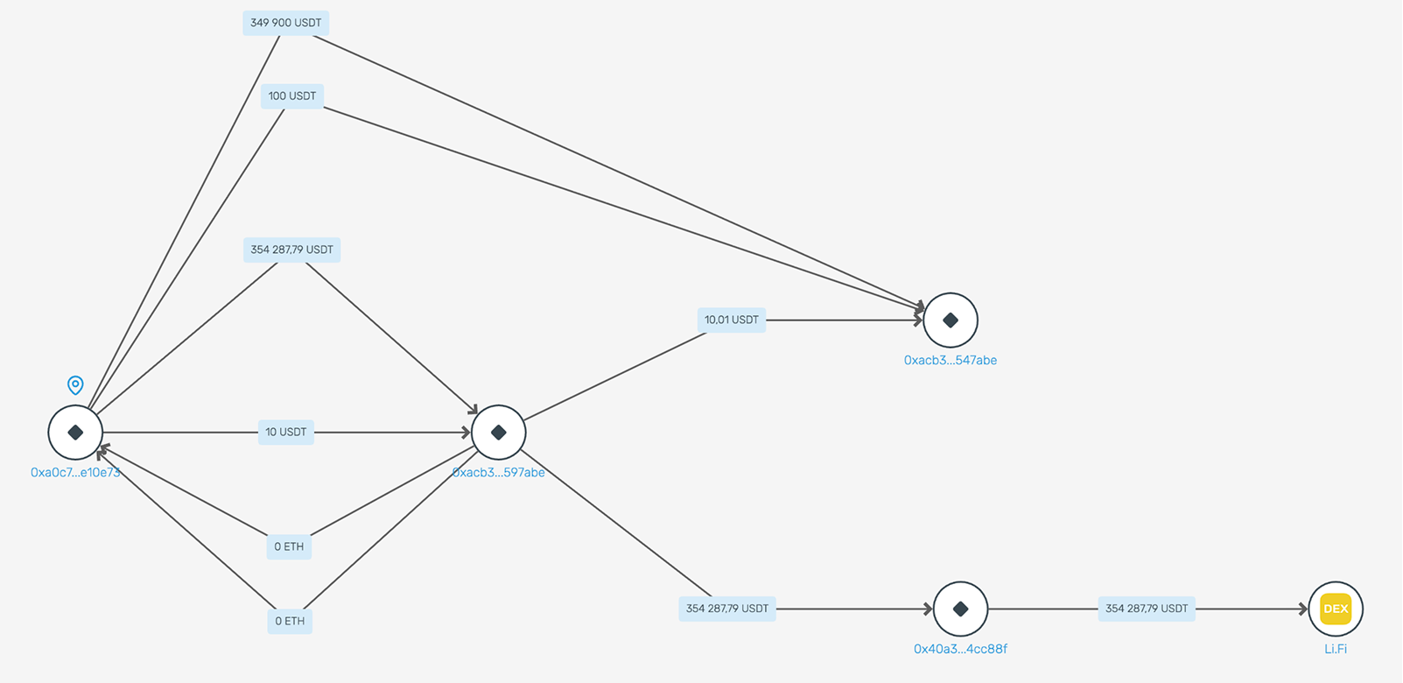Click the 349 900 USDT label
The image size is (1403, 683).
[x=285, y=23]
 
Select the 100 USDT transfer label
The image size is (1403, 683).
[x=291, y=96]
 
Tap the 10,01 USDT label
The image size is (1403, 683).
[x=732, y=320]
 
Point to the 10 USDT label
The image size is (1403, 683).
[x=285, y=433]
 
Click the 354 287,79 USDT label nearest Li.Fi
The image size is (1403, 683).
[x=1147, y=609]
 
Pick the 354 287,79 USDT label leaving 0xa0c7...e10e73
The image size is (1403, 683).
[x=291, y=250]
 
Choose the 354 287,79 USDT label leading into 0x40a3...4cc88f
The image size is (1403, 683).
[x=727, y=609]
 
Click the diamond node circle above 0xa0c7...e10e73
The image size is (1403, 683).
[x=75, y=433]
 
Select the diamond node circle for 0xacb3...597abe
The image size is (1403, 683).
[x=499, y=433]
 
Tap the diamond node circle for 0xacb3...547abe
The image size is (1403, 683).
[x=951, y=320]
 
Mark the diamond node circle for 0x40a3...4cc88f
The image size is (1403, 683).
[x=960, y=609]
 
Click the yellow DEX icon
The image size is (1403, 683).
[x=1336, y=609]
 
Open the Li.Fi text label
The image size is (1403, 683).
[x=1336, y=649]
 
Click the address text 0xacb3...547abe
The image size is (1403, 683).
[x=951, y=360]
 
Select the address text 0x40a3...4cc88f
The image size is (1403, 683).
[x=960, y=649]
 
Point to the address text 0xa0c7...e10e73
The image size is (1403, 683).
[x=75, y=473]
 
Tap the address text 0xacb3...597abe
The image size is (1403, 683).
[x=499, y=473]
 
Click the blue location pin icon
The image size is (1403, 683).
[x=75, y=384]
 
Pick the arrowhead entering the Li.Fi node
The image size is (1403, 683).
[x=1303, y=609]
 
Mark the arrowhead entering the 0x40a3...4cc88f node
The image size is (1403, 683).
[x=928, y=609]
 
